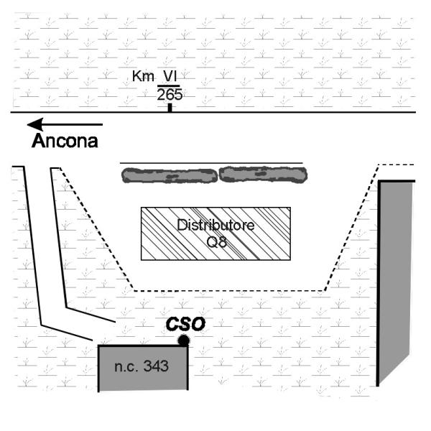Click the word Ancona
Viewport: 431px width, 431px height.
(x=65, y=141)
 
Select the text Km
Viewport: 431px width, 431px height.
(x=142, y=76)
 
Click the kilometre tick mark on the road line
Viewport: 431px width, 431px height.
(x=170, y=108)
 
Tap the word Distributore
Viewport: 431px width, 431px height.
(x=215, y=224)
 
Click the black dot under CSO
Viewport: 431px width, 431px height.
(x=184, y=340)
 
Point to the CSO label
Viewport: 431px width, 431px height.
(x=185, y=324)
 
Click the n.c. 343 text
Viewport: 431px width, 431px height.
(x=142, y=366)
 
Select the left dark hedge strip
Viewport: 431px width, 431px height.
(x=168, y=175)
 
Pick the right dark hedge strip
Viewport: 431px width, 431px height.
(x=262, y=174)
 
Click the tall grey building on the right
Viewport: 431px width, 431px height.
(x=397, y=280)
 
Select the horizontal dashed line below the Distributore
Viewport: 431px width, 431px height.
(x=230, y=291)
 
